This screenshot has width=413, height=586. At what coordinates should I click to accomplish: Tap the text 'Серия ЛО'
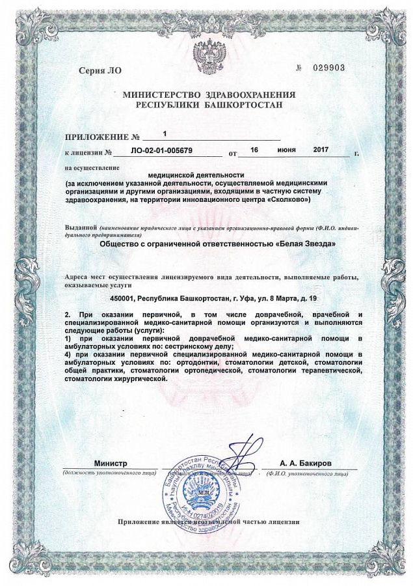point(95,70)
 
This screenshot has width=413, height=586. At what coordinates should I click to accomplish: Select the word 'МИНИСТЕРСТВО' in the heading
point(163,94)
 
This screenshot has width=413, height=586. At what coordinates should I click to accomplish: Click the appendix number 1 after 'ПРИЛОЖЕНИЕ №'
point(165,133)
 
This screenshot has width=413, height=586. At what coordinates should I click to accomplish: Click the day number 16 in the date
point(254,150)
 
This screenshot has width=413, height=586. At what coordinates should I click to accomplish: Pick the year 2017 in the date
point(321,150)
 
